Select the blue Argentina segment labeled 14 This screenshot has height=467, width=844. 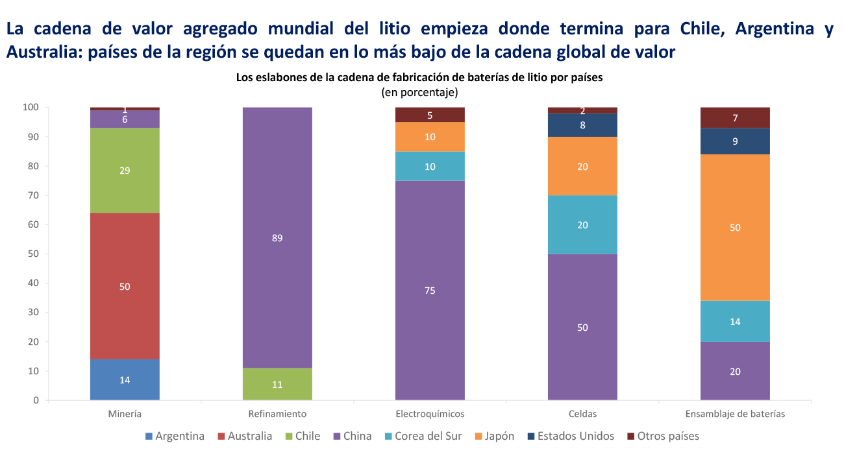(125, 380)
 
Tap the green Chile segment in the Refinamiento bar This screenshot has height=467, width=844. (277, 384)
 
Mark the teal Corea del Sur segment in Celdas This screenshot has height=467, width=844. (582, 224)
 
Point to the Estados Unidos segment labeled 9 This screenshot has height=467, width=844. (735, 141)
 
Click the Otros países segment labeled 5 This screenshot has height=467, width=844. (430, 115)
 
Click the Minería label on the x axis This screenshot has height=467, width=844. (125, 414)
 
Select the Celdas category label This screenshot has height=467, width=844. (582, 414)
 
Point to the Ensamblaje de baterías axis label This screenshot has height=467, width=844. (735, 414)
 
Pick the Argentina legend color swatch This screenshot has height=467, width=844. (149, 437)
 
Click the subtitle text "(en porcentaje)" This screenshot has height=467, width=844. (419, 92)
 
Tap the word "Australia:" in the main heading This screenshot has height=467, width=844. (44, 52)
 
